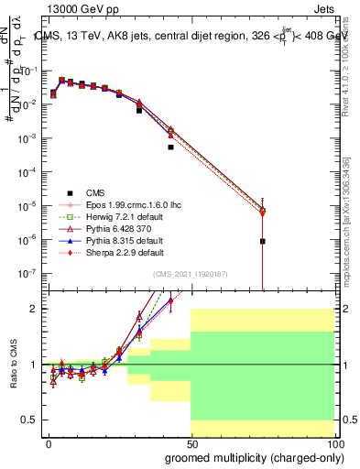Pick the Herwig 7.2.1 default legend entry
coord(120,216)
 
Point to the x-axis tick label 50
coord(191,442)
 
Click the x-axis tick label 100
coord(333,442)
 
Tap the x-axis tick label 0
coord(49,442)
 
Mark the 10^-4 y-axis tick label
coord(29,171)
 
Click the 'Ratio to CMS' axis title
coord(12,364)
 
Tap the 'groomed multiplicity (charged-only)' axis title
coord(250,456)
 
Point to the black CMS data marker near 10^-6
coord(263,242)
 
